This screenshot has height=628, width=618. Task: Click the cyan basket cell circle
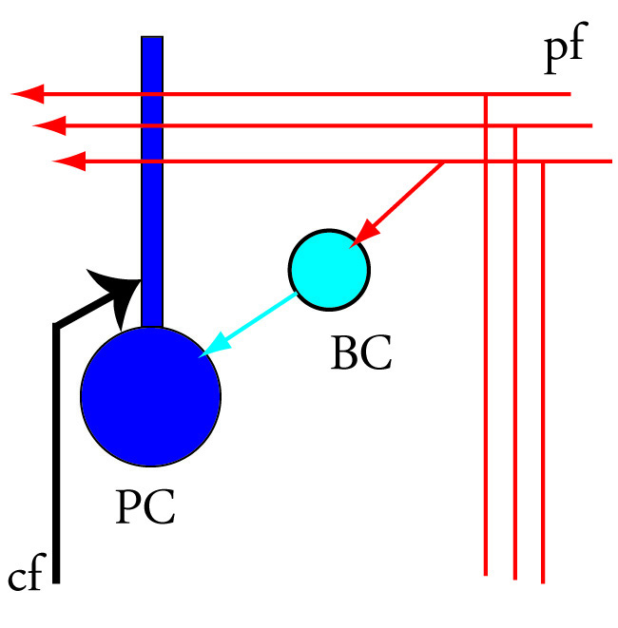pyautogui.click(x=329, y=269)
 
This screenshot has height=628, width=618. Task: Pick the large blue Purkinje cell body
pyautogui.click(x=150, y=395)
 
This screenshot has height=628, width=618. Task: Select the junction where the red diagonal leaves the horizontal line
pyautogui.click(x=444, y=162)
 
